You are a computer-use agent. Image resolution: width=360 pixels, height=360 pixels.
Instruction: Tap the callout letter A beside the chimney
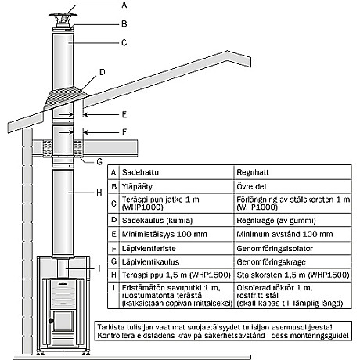pos(124,5)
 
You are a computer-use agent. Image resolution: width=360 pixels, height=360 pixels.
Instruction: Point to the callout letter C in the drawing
pos(124,42)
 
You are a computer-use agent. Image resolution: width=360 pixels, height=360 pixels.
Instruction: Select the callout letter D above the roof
pos(103,72)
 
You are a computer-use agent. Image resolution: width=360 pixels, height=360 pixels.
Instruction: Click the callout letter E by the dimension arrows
pos(124,114)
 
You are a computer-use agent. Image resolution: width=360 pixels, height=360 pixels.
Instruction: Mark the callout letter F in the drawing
pos(124,132)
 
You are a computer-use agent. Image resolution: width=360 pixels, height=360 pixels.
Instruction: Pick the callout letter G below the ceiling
pos(99,162)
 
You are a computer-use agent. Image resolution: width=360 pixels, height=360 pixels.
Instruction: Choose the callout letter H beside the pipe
pos(99,193)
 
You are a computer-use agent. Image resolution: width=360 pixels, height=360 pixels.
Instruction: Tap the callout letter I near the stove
pos(99,268)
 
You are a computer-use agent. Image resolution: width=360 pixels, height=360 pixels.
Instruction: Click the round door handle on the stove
pos(52,321)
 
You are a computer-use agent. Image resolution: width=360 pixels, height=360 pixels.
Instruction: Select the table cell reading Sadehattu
pos(140,172)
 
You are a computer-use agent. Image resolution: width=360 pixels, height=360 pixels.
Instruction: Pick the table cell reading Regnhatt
pos(253,172)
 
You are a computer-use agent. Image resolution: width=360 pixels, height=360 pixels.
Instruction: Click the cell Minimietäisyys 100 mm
pos(164,234)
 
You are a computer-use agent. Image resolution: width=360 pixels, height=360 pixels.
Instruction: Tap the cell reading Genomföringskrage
pos(271,261)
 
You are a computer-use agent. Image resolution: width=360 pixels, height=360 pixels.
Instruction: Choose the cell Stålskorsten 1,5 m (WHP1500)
pos(293,275)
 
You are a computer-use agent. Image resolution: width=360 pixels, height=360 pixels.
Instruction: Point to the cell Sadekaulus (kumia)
pos(157,221)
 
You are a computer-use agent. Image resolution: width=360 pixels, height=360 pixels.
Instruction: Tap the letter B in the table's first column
pos(113,186)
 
